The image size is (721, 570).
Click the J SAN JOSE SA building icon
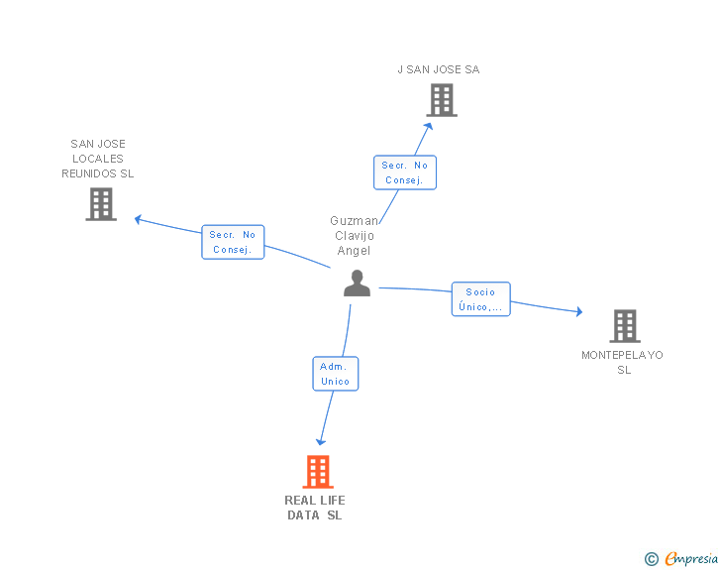(442, 100)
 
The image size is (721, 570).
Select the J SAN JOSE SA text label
(438, 69)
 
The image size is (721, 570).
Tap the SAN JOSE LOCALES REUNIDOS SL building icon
(101, 204)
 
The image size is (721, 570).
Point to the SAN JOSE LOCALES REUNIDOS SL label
(98, 159)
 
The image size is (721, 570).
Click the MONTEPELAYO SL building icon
(624, 325)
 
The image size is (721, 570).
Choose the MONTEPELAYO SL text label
(623, 362)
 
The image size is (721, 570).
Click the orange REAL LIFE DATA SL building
(317, 472)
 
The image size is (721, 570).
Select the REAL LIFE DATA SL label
(315, 508)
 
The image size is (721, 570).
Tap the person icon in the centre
(357, 284)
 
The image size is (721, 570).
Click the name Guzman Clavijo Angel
(354, 236)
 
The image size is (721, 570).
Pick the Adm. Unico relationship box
(335, 374)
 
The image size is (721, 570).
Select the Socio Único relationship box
(480, 299)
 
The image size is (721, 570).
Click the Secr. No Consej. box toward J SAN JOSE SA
(404, 172)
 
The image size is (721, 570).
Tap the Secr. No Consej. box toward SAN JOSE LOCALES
(233, 242)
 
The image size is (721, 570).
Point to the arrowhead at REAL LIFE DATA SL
(320, 441)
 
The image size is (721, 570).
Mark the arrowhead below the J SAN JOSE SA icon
(430, 124)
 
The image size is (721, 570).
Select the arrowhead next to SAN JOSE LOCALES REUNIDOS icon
(139, 218)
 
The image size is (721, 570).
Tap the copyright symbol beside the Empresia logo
(651, 559)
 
